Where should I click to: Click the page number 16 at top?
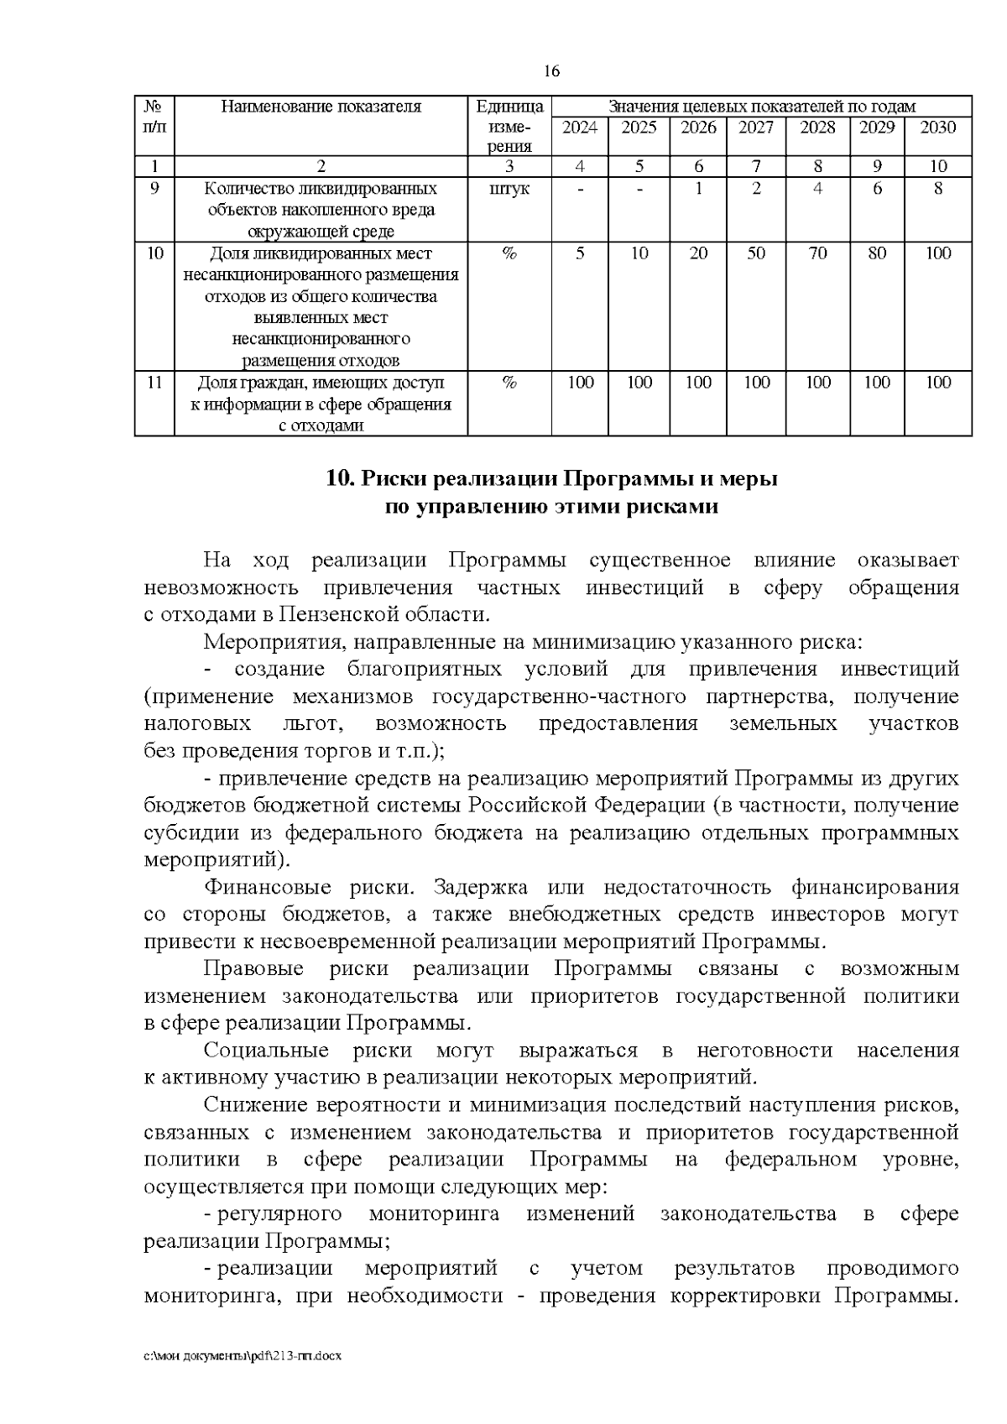(x=551, y=71)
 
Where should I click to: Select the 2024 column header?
(x=580, y=128)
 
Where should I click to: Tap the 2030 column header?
(x=937, y=128)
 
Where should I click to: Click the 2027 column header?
(x=756, y=128)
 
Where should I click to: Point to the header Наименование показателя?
(x=321, y=107)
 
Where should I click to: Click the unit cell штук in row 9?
(x=509, y=189)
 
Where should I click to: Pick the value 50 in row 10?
(x=756, y=253)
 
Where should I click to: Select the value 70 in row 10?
(x=817, y=253)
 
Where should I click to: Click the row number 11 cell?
(x=154, y=383)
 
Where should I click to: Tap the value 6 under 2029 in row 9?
(x=877, y=189)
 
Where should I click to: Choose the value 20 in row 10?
(x=698, y=253)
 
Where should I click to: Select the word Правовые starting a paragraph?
(x=253, y=969)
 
